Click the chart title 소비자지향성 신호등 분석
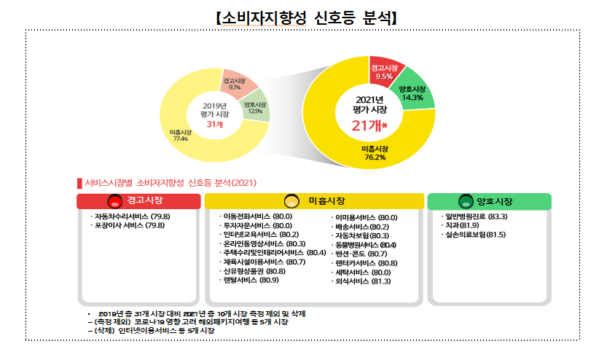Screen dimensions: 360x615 307,16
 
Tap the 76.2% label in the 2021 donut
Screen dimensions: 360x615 375,156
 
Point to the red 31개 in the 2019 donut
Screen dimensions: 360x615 214,125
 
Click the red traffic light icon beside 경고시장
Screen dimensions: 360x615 114,201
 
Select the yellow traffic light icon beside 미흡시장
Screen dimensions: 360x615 291,201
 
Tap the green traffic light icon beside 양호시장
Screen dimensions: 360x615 465,201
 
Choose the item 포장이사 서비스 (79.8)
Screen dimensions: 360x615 128,226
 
